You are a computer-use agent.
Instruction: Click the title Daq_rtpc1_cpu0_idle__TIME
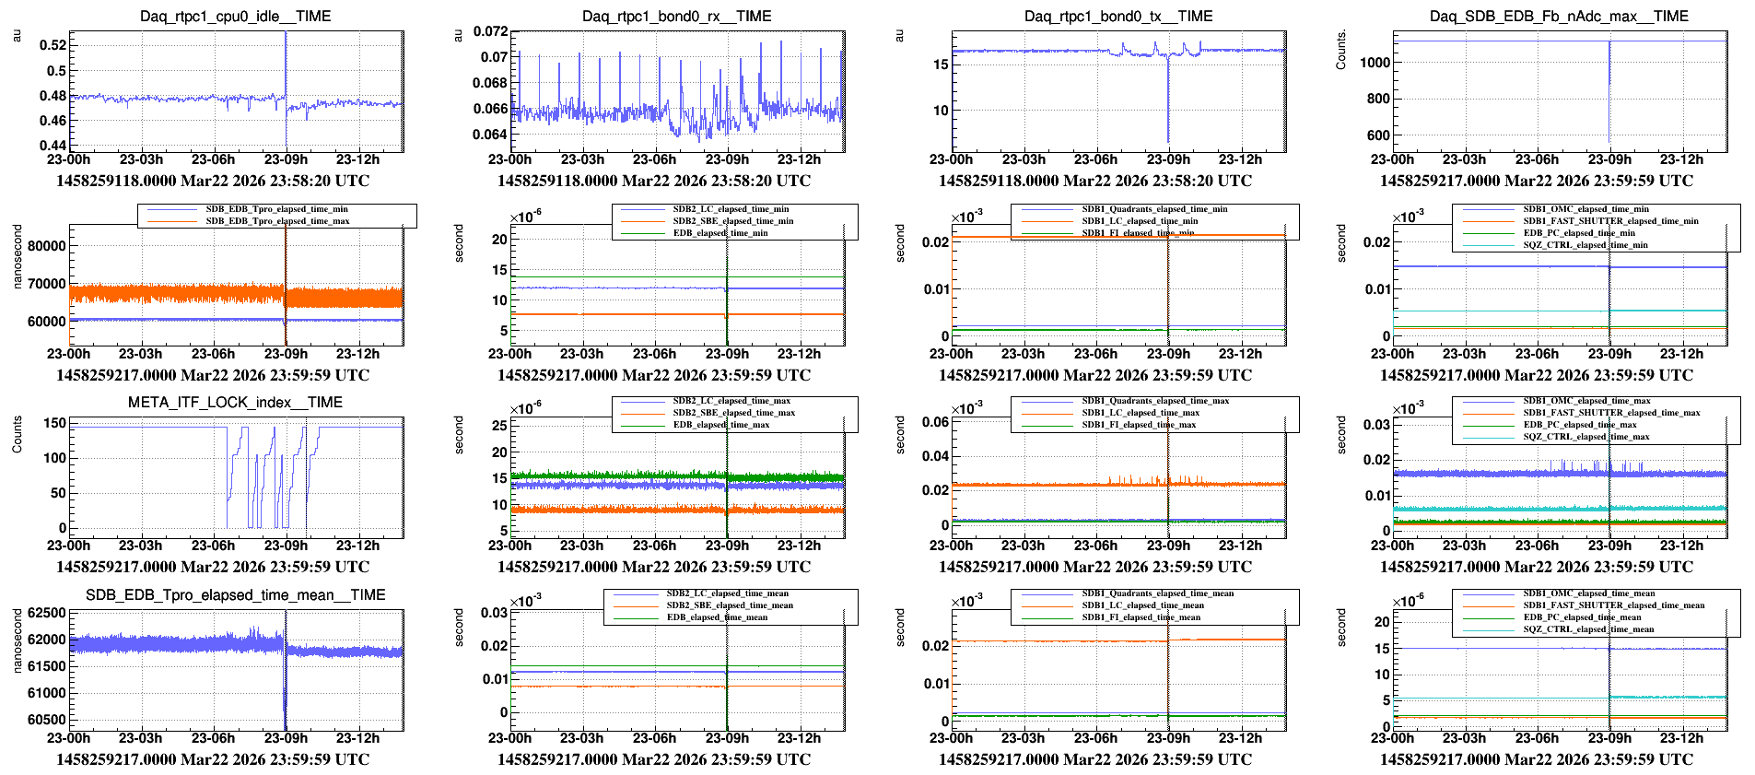[x=235, y=17]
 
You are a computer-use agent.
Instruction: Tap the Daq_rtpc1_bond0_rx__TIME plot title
[x=676, y=17]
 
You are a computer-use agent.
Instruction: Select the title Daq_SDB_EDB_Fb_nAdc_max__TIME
[x=1559, y=17]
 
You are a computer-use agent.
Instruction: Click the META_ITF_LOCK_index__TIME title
[x=235, y=403]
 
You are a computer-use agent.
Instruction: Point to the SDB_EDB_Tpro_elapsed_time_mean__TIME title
[x=235, y=595]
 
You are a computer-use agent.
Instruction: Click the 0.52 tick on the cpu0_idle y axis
[x=53, y=45]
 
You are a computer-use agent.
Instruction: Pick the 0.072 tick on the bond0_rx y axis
[x=490, y=31]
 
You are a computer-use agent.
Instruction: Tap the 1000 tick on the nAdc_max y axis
[x=1375, y=63]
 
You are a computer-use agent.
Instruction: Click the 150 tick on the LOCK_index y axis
[x=55, y=423]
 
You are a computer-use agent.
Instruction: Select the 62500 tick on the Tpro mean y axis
[x=47, y=613]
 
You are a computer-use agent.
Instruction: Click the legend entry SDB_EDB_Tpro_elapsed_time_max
[x=277, y=221]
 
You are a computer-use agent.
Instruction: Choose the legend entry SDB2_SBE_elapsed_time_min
[x=732, y=221]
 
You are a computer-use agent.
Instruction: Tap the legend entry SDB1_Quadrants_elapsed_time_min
[x=1154, y=209]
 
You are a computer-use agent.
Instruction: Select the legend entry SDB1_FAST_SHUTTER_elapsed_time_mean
[x=1613, y=605]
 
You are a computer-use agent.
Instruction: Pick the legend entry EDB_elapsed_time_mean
[x=720, y=617]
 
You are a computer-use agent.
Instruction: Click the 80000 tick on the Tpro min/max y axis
[x=47, y=246]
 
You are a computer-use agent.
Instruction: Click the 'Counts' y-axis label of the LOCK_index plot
[x=17, y=434]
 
